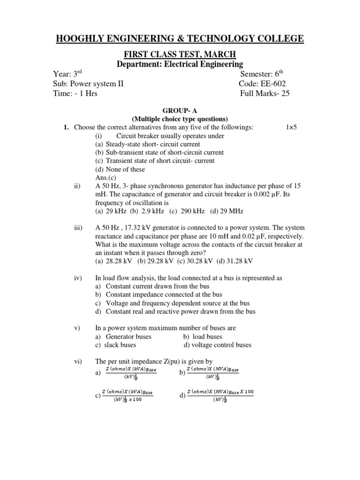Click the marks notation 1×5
click(292, 127)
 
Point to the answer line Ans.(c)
click(107, 178)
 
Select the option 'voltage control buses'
click(217, 345)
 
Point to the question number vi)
click(78, 361)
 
